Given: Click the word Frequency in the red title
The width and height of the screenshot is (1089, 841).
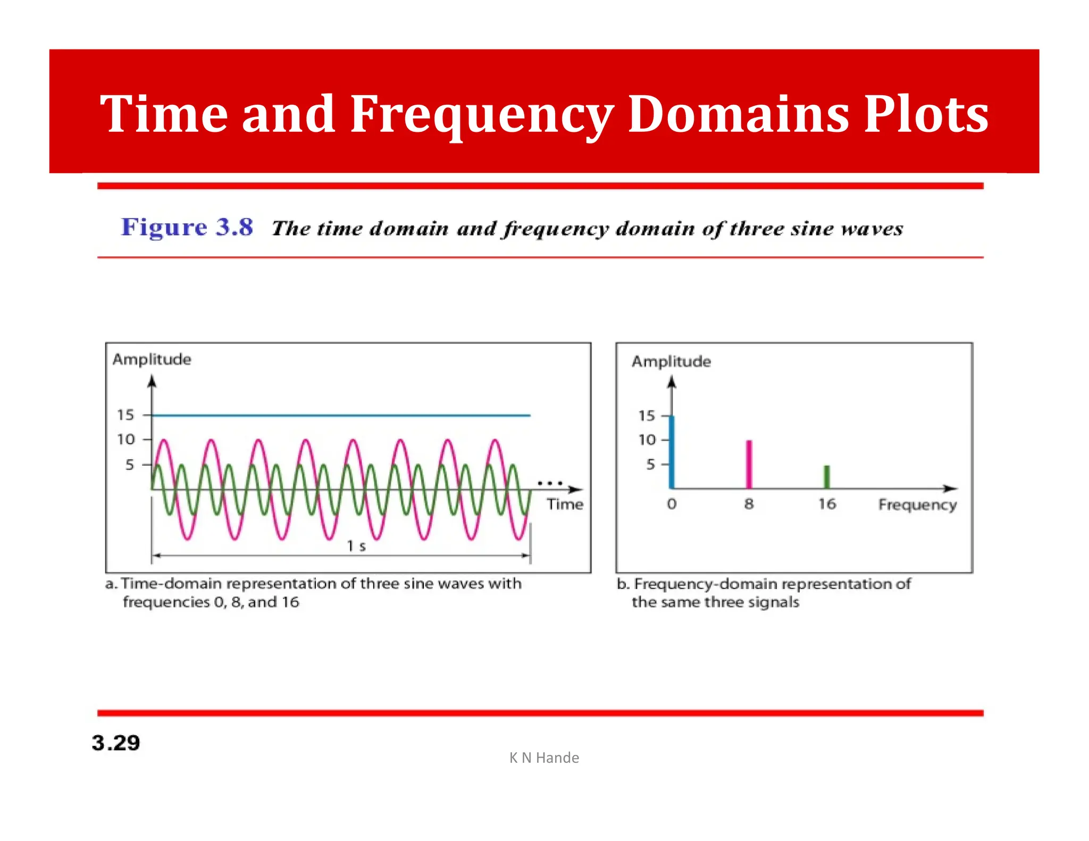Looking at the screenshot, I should point(481,115).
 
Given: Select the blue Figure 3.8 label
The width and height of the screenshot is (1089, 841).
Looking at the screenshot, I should point(187,227).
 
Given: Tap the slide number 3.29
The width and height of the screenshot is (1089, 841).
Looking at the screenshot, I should point(116,743).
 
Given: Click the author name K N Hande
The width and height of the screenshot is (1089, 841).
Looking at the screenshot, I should point(544,758).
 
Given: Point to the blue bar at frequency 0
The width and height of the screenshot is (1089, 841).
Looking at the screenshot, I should point(672,452).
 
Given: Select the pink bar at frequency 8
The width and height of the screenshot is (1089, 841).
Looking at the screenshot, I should point(749,464).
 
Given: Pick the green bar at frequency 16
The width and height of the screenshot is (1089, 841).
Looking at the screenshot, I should point(826,477).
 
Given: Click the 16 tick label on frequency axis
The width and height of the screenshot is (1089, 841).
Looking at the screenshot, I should point(827,503).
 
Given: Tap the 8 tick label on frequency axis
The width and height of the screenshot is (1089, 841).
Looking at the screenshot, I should point(749,503).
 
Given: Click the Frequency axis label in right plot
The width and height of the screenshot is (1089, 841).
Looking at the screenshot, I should point(917,504).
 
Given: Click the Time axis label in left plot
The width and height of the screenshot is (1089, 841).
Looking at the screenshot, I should point(565,504).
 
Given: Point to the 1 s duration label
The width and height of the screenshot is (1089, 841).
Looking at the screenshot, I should point(356,546).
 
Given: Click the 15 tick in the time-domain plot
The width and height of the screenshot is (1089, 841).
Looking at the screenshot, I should point(126,415).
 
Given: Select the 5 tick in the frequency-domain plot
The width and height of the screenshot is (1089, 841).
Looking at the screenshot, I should point(650,465).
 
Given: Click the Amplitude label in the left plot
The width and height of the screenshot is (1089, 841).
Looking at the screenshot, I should point(152,359).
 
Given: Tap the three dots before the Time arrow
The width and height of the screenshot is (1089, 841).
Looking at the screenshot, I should point(550,483).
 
